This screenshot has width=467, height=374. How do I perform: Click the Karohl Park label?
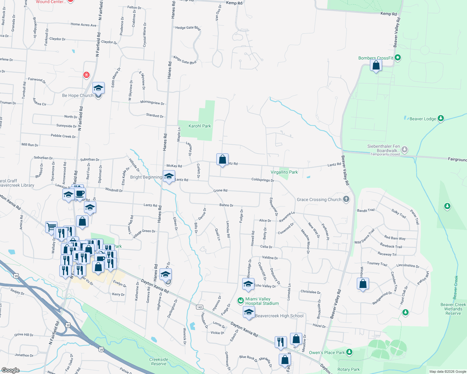pos(200,126)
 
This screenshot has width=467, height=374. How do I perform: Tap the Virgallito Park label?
pos(284,172)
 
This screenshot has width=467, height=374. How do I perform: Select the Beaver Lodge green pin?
pos(441,118)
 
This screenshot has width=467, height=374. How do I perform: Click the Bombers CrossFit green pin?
pos(398,58)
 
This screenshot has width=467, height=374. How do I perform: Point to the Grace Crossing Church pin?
pos(346,199)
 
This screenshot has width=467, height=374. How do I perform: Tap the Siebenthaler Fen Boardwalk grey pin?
pos(405,150)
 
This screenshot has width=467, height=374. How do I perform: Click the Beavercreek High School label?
pos(279,316)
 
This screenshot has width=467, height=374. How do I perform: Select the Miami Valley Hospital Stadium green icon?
pos(240,300)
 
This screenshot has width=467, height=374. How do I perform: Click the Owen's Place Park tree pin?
pos(349,352)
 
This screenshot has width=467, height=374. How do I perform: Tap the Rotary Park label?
pos(348,369)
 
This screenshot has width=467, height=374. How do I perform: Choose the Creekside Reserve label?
pos(159,362)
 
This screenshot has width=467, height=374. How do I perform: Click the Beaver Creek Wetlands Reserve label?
pos(453,309)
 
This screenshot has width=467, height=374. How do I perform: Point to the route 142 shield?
pos(199,307)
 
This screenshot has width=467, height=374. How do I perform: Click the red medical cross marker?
pos(86,75)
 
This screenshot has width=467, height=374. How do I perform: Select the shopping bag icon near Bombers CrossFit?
pos(376,65)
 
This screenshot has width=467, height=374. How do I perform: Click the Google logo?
pos(10,370)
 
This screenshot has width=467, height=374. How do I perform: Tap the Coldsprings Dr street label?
pos(263,180)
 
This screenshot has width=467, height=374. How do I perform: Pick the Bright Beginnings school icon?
pos(169,176)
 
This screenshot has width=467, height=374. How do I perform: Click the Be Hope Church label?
pos(78,95)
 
